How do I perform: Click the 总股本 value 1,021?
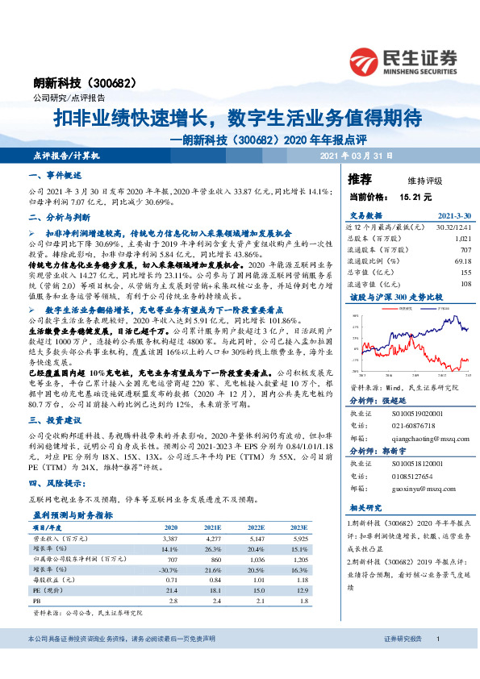462,239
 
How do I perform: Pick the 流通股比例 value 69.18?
462,261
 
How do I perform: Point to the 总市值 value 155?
464,273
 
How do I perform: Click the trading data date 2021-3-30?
454,216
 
